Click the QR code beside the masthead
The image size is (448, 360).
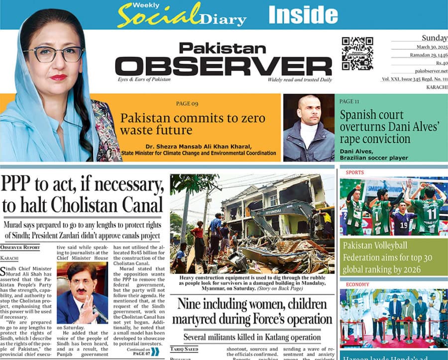tap(357, 54)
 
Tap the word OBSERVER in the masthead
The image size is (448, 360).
tap(223, 66)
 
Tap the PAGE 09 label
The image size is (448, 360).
tap(187, 104)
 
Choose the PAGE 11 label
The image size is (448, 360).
tap(349, 101)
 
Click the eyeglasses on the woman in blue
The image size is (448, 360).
tap(53, 53)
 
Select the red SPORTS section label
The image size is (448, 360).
tap(354, 173)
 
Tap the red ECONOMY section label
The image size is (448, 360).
tap(357, 285)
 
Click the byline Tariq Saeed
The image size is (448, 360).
tap(184, 349)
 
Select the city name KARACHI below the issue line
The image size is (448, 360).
tap(436, 88)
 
